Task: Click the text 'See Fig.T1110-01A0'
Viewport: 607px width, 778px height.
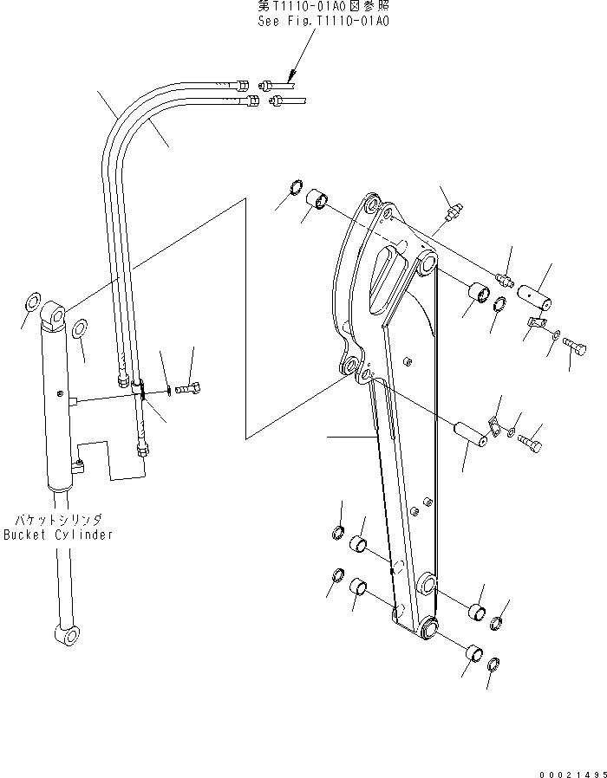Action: [x=323, y=21]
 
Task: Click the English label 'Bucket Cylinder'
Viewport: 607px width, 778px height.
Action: [x=57, y=535]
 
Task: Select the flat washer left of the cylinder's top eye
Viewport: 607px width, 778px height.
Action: [x=31, y=304]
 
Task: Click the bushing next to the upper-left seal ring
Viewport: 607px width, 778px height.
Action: [x=317, y=201]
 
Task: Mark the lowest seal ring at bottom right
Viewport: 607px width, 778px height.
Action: [x=493, y=665]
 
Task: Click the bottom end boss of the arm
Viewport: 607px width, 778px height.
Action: [x=428, y=627]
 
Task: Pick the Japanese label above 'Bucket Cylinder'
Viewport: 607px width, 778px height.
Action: [x=57, y=520]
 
